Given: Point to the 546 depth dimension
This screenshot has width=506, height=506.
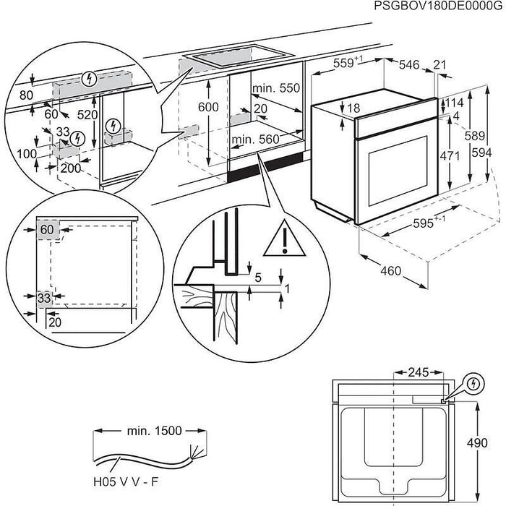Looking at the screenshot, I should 409,65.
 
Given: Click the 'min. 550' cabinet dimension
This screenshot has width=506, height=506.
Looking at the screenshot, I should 275,87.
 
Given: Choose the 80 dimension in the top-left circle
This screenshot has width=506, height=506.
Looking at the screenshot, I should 27,94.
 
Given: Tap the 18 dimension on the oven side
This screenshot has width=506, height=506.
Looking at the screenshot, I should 353,108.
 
